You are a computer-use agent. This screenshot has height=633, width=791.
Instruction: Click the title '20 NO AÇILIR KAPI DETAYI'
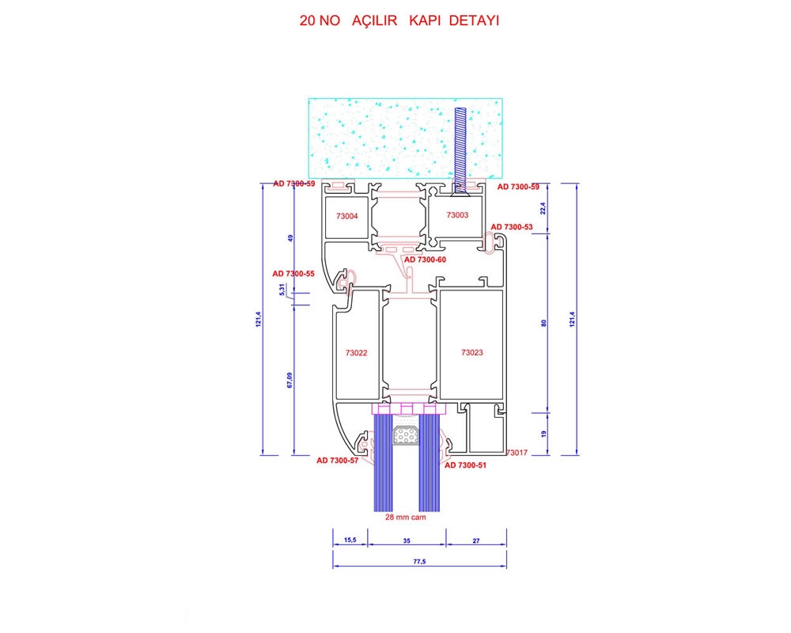point(399,21)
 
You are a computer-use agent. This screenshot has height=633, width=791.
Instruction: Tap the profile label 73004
point(347,216)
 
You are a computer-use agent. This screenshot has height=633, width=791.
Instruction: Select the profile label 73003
point(457,215)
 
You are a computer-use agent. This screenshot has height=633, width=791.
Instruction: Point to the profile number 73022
point(356,353)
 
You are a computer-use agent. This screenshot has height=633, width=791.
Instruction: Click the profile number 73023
point(471,352)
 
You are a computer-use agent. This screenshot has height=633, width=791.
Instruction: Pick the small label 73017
point(517,453)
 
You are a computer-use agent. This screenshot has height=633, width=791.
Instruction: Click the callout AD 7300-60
point(426,260)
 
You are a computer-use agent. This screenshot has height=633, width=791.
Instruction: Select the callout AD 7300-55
point(293,274)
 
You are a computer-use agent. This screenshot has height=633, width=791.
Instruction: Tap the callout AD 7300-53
point(512,227)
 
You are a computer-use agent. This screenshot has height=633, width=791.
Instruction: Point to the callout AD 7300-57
point(338,461)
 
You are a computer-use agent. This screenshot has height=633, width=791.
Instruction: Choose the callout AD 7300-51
point(465,465)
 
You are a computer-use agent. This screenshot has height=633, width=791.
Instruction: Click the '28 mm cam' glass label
point(406,517)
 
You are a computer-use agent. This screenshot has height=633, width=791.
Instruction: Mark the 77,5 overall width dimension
point(420,561)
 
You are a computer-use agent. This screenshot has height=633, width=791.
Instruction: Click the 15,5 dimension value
point(350,540)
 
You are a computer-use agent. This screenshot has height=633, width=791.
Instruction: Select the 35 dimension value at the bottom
point(407,540)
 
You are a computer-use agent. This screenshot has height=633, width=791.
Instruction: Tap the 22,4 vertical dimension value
point(543,208)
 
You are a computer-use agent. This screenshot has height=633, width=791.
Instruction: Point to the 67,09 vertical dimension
point(290,380)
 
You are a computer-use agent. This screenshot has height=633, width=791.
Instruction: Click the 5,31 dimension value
point(282,290)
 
